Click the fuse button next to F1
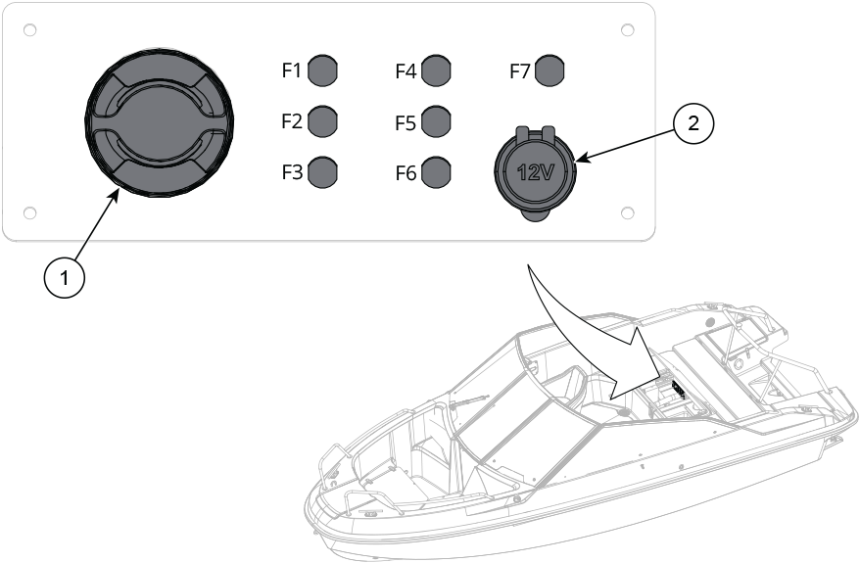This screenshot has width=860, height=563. pyautogui.click(x=322, y=70)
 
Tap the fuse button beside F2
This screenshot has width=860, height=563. pyautogui.click(x=322, y=121)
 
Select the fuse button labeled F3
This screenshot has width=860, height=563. pyautogui.click(x=322, y=172)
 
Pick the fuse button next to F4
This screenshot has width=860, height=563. pyautogui.click(x=437, y=70)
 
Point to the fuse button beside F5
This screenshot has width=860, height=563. pyautogui.click(x=437, y=121)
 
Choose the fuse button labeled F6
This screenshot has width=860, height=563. pyautogui.click(x=437, y=172)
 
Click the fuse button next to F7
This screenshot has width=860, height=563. pyautogui.click(x=551, y=70)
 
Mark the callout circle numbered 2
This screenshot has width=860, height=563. pyautogui.click(x=693, y=123)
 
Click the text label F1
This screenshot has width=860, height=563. pyautogui.click(x=292, y=70)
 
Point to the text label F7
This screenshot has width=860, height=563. pyautogui.click(x=521, y=70)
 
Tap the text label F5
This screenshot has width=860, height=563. pyautogui.click(x=406, y=122)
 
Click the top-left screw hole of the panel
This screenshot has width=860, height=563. pyautogui.click(x=30, y=30)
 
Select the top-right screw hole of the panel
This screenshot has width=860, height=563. pyautogui.click(x=627, y=30)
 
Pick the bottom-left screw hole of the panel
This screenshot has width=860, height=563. pyautogui.click(x=30, y=212)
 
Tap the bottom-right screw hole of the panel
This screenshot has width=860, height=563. pyautogui.click(x=627, y=212)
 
